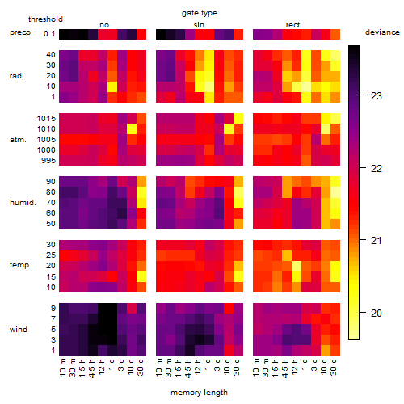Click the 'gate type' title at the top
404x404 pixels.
click(x=200, y=13)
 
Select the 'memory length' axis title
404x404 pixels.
click(x=199, y=393)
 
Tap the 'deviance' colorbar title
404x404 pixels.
click(x=382, y=32)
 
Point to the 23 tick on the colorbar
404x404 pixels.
click(x=377, y=96)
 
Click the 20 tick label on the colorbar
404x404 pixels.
click(x=377, y=314)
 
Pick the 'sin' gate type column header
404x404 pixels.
click(x=199, y=25)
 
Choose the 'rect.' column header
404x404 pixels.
click(x=293, y=25)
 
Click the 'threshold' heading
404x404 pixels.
click(x=45, y=19)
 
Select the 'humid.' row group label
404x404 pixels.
click(x=23, y=203)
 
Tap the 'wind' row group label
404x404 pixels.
click(x=19, y=330)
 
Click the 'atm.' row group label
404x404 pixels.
click(x=18, y=140)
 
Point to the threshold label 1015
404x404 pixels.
click(x=46, y=119)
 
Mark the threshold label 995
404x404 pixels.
click(x=48, y=161)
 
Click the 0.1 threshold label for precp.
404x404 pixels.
click(x=49, y=34)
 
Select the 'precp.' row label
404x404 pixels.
click(x=21, y=32)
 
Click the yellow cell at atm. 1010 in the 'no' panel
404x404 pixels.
click(x=132, y=129)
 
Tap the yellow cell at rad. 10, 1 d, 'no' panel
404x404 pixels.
click(x=112, y=86)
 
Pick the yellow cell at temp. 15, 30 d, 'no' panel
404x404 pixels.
click(x=141, y=276)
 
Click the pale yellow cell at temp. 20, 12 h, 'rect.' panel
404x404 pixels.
click(x=297, y=266)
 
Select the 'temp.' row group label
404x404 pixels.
click(x=20, y=265)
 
